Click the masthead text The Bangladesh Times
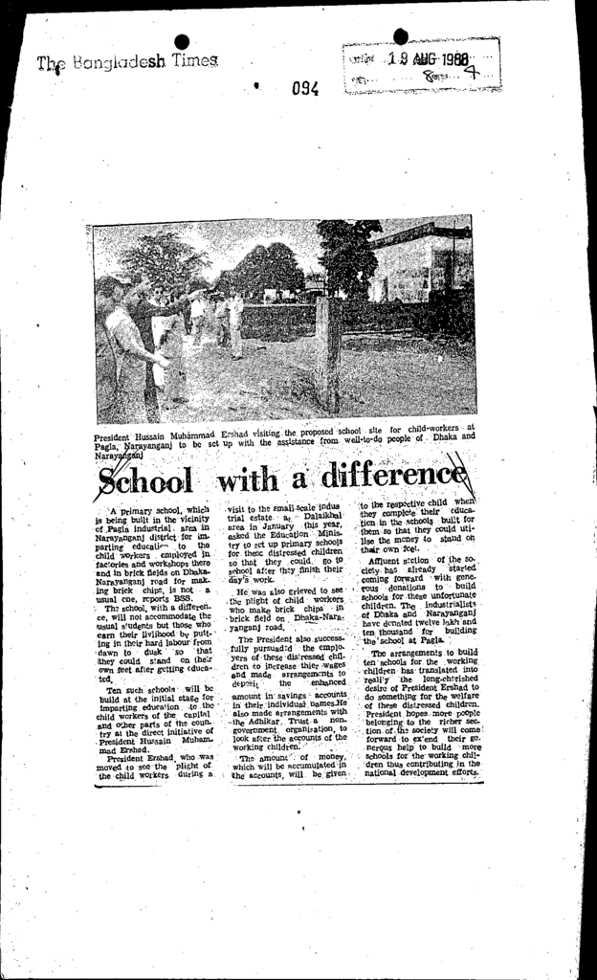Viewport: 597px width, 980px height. (x=127, y=62)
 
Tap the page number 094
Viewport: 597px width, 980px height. (x=305, y=89)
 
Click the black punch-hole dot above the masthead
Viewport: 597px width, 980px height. (x=181, y=41)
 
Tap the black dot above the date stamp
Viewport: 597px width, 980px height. (x=400, y=36)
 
